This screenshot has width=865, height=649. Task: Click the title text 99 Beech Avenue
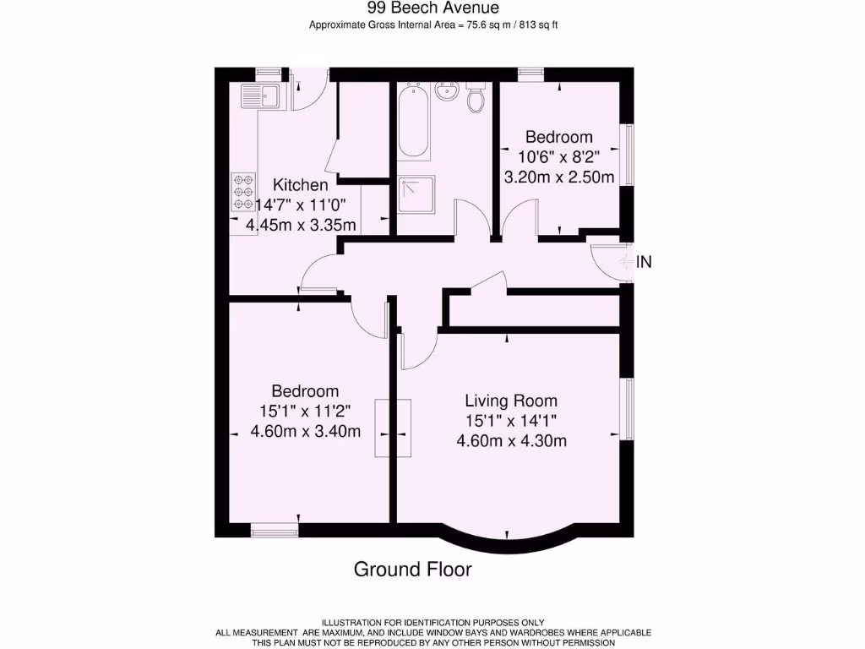(x=432, y=8)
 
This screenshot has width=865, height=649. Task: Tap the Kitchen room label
(x=300, y=185)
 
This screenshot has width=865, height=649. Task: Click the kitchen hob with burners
(x=244, y=192)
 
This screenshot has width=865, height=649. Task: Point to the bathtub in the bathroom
(x=414, y=121)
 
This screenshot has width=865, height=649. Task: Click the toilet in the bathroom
(x=476, y=99)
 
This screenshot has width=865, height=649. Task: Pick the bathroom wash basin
(x=446, y=91)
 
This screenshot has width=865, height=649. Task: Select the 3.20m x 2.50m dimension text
(x=558, y=177)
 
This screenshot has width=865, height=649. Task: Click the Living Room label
(x=511, y=401)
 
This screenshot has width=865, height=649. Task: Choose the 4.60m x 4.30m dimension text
(x=511, y=440)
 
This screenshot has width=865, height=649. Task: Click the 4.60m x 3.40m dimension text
(x=305, y=432)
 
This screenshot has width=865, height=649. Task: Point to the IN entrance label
(x=644, y=262)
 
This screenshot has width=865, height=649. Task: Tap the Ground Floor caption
(x=412, y=569)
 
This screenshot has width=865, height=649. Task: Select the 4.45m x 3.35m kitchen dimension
(x=301, y=225)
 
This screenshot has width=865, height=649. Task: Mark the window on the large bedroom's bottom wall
(x=275, y=530)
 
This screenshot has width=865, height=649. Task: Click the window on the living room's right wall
(x=628, y=409)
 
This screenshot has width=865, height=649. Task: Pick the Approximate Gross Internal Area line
(x=432, y=25)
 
